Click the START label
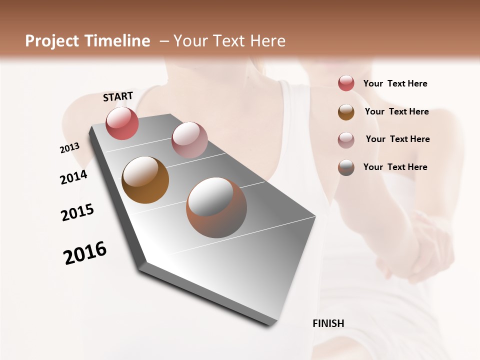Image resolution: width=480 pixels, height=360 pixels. [x=118, y=96]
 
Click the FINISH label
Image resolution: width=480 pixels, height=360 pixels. [x=328, y=323]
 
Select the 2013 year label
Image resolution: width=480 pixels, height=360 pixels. [x=69, y=147]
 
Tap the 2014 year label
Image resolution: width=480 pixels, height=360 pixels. [x=73, y=177]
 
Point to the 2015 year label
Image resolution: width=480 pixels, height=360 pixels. [x=77, y=212]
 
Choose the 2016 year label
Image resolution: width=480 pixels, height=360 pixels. [x=85, y=253]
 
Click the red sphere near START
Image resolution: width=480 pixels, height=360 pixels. [x=122, y=123]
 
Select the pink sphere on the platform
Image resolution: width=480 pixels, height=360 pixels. [x=189, y=139]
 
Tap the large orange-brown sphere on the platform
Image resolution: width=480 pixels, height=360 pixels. [x=145, y=179]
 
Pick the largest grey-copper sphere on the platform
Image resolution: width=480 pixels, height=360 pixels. [x=216, y=207]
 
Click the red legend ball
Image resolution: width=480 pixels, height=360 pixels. [x=346, y=83]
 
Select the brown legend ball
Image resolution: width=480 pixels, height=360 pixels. [x=346, y=112]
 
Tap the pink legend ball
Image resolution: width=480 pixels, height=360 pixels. [x=346, y=139]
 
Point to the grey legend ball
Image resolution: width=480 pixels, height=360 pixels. [x=346, y=167]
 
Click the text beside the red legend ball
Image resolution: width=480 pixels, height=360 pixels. [x=395, y=83]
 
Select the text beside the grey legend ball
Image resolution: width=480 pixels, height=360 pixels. [x=395, y=167]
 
